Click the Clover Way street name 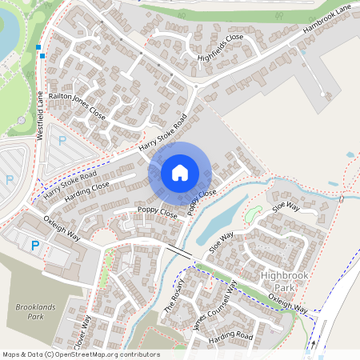(x=83, y=330)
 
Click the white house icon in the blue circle (x=180, y=172)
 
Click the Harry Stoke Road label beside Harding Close (x=70, y=185)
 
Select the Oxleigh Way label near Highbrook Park (x=288, y=302)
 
